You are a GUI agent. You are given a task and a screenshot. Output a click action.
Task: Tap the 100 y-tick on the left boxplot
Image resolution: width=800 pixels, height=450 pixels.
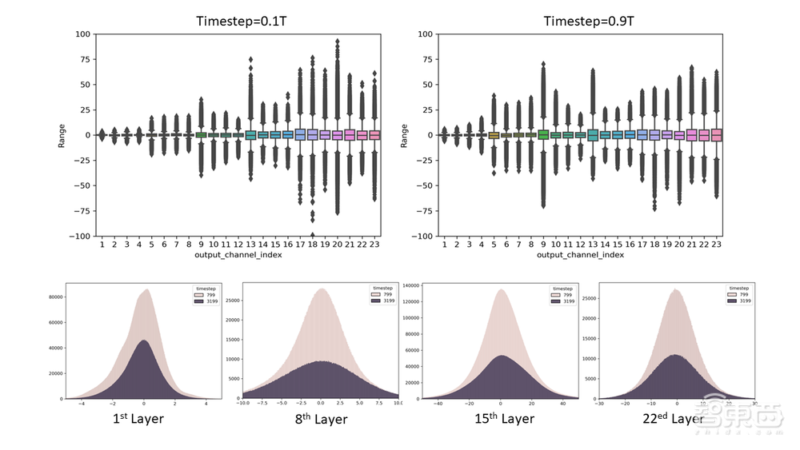(82, 34)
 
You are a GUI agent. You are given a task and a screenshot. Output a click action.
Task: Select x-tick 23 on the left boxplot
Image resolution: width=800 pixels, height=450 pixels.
(374, 242)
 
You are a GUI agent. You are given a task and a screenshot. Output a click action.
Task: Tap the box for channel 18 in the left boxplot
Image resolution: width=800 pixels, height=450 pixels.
(312, 134)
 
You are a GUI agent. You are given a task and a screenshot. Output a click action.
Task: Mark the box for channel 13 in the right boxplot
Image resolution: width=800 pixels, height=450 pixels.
(593, 135)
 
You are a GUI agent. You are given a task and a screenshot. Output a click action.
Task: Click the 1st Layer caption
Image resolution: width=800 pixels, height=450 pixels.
(137, 418)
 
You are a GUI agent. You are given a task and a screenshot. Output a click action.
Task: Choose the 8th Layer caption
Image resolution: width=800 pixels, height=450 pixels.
(320, 418)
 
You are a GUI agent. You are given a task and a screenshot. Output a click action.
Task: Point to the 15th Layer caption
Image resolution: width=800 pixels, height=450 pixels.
(502, 418)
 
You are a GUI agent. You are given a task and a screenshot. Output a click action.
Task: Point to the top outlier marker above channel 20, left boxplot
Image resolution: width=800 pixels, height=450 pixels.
(338, 41)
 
